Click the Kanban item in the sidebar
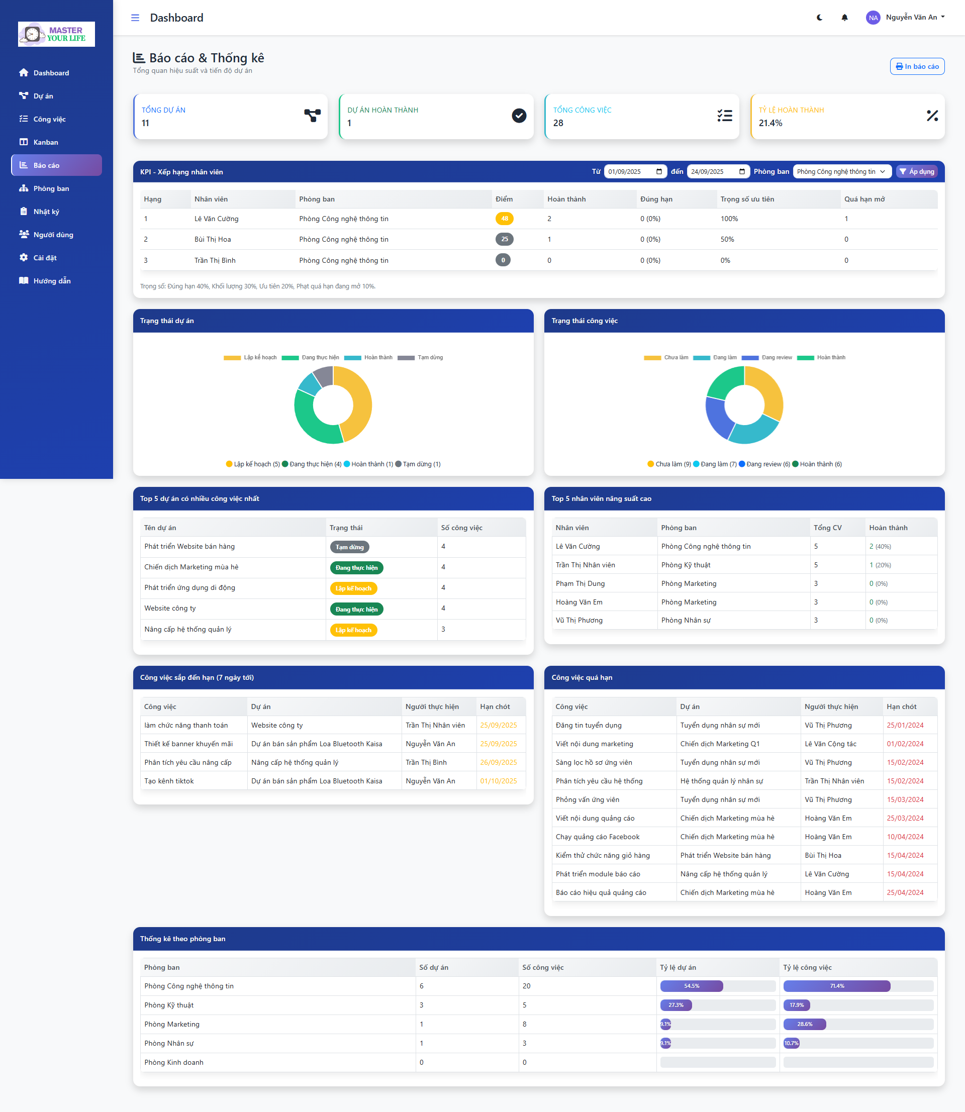(46, 142)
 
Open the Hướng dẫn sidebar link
(52, 280)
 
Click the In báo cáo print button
(917, 66)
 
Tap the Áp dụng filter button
(917, 171)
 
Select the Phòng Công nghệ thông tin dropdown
(842, 171)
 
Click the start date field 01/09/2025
(635, 171)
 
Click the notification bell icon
(844, 17)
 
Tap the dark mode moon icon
(820, 17)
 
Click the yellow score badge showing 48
(505, 219)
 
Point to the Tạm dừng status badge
(349, 547)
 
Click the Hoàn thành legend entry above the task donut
(821, 357)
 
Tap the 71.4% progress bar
(837, 986)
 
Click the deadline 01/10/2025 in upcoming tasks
(498, 781)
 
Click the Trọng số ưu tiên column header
(747, 199)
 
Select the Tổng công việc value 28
(558, 123)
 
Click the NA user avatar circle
(873, 18)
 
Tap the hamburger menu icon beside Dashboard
(135, 18)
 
